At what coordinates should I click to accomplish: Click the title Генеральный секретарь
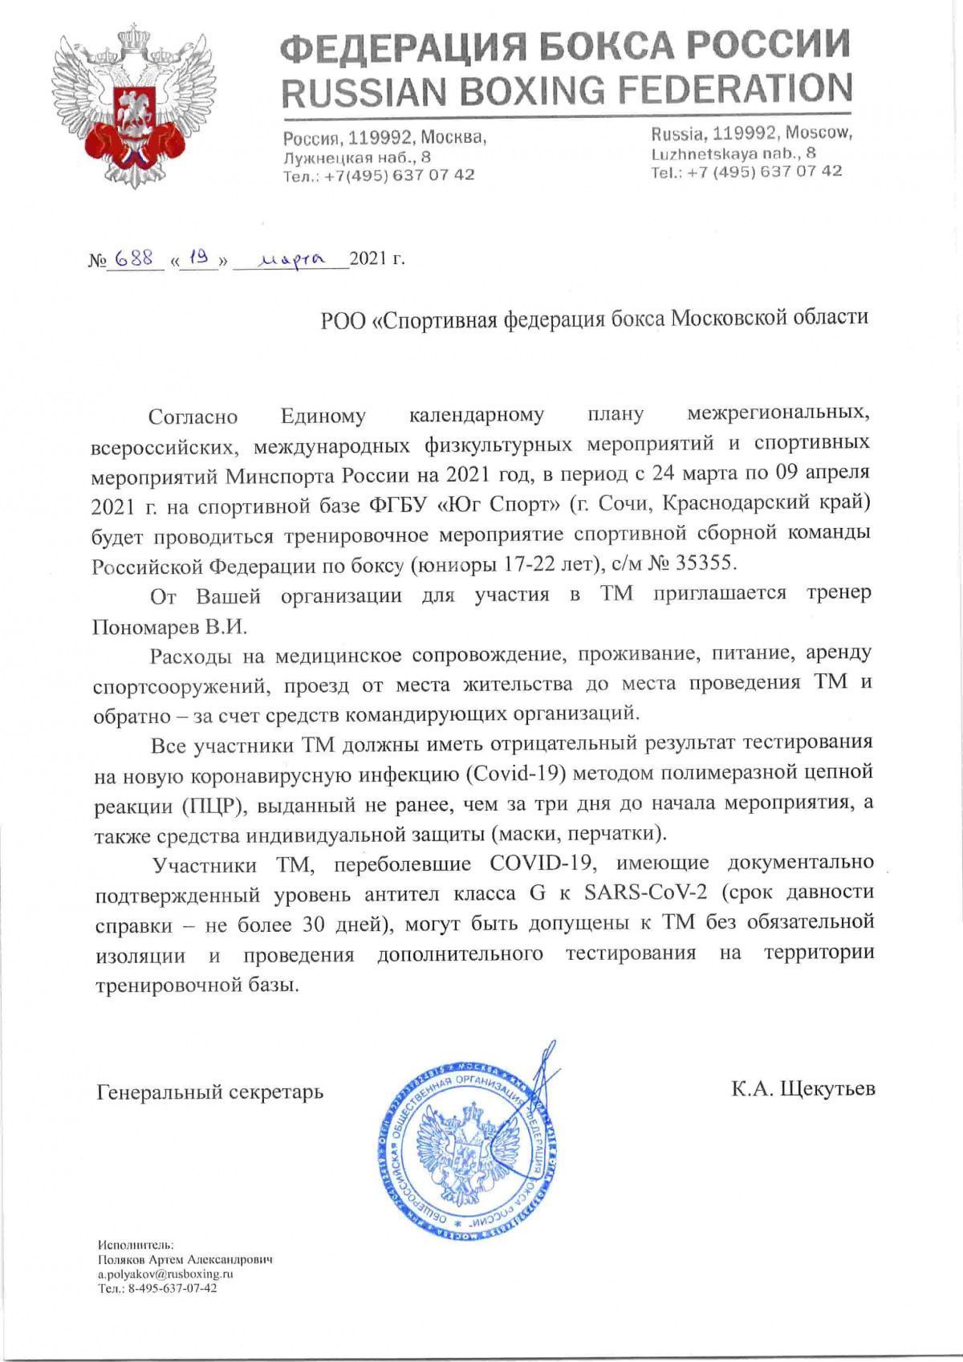(210, 1092)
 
